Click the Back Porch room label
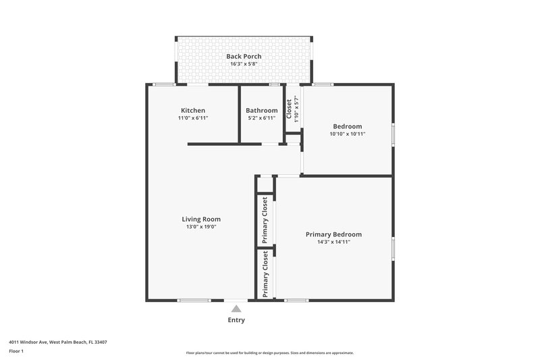[244, 56]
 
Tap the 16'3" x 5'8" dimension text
[244, 64]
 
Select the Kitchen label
[193, 110]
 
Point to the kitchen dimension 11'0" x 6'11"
[193, 118]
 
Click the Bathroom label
[261, 110]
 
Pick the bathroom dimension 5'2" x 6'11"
[261, 118]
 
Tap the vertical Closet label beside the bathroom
[289, 109]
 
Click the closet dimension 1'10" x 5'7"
[296, 109]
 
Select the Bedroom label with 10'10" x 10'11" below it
[348, 126]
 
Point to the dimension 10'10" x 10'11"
[348, 134]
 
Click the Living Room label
[201, 219]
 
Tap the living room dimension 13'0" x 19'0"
[201, 227]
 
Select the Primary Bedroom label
[333, 234]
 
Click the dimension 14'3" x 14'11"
[333, 242]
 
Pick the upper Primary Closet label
[265, 220]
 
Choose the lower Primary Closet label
[265, 274]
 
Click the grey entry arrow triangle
[236, 309]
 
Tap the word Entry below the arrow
[236, 320]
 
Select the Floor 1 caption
[17, 352]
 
